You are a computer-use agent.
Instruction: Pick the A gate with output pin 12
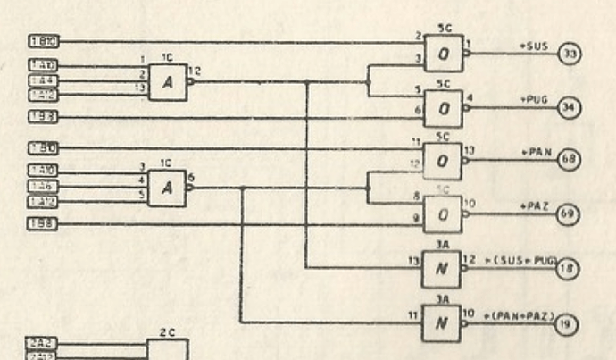click(166, 81)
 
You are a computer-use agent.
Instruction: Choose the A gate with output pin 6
click(166, 188)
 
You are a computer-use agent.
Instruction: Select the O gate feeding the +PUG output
click(444, 108)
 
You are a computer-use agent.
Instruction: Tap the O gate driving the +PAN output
click(444, 161)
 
